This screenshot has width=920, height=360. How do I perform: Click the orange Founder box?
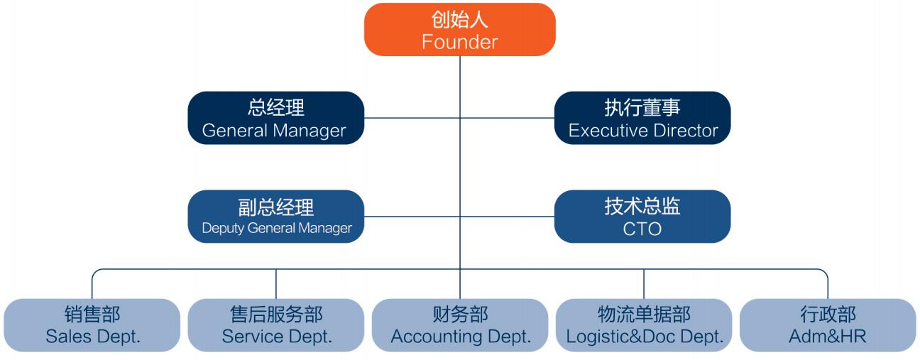tap(459, 30)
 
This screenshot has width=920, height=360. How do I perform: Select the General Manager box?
tap(275, 118)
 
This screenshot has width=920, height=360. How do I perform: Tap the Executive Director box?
tap(642, 118)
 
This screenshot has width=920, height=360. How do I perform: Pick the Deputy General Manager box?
tap(275, 216)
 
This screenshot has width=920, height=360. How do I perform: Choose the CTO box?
tap(642, 216)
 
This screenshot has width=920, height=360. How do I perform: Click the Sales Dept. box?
tap(92, 325)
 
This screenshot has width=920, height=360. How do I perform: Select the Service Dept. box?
tap(276, 325)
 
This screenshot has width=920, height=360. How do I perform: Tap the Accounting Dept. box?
tap(460, 325)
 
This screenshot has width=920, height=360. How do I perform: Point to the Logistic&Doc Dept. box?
tap(644, 325)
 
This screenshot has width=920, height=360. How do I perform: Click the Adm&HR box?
tap(828, 325)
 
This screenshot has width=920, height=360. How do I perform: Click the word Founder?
tap(459, 42)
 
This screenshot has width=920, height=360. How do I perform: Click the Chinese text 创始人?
tap(459, 19)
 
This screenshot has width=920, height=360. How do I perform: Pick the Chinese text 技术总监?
tap(642, 206)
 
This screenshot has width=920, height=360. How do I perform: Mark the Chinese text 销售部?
tap(92, 315)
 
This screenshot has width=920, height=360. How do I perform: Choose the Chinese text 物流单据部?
tap(644, 315)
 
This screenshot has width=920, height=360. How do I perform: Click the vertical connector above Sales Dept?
tap(92, 285)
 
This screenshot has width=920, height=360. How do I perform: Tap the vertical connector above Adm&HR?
tap(828, 285)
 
